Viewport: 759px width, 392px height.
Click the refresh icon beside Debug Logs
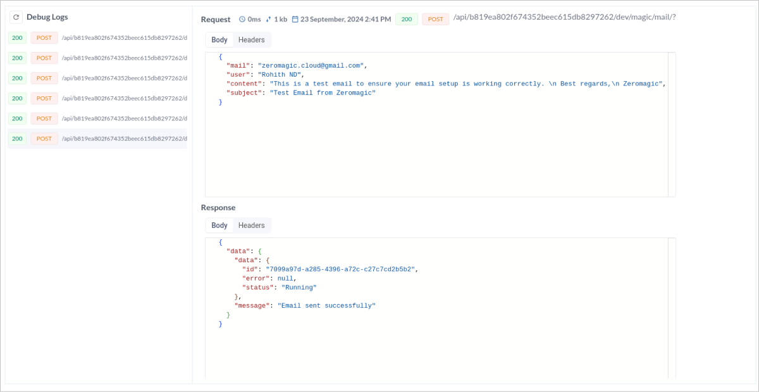coord(16,17)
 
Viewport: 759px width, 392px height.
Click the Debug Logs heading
coord(47,17)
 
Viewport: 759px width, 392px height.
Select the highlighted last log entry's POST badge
coord(44,139)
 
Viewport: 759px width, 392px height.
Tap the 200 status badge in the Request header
coord(407,19)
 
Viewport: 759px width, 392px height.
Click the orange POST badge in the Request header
coord(435,19)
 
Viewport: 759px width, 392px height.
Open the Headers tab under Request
coord(251,40)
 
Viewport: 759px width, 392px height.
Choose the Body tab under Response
coord(219,225)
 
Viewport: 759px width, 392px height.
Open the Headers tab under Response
coord(251,225)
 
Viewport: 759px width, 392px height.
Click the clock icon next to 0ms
coord(242,20)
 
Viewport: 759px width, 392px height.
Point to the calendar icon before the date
coord(295,20)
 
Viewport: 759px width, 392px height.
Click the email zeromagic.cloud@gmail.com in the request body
coord(311,66)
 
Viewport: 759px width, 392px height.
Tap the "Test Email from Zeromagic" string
coord(323,93)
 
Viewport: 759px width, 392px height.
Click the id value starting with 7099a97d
coord(340,269)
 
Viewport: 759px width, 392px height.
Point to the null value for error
coord(286,278)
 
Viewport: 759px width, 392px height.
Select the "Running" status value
coord(299,288)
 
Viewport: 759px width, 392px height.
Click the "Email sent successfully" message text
coord(323,306)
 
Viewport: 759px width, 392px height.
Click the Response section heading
coord(218,208)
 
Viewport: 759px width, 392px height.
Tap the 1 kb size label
coord(280,20)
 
